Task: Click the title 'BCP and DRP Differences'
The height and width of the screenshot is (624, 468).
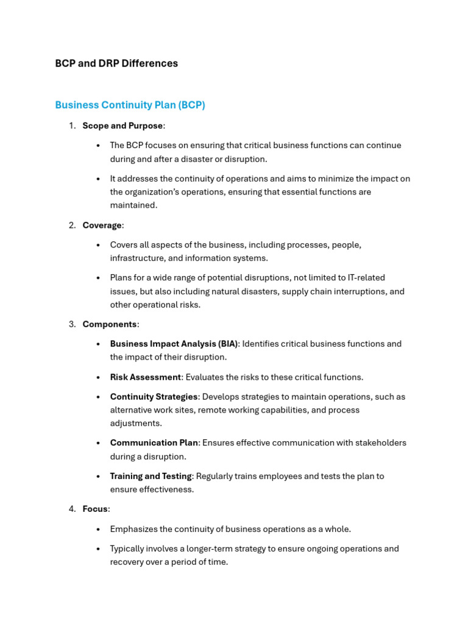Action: tap(116, 63)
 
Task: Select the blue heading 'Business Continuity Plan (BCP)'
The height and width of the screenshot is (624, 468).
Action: tap(130, 105)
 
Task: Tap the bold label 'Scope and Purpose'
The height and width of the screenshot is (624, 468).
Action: tap(122, 126)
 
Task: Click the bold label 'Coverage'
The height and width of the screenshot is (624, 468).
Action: tap(102, 225)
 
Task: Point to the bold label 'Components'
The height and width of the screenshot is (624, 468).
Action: tap(110, 324)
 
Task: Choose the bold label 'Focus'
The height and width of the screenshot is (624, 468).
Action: tap(95, 509)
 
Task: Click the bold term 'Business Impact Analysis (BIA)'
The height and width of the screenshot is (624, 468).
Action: tap(174, 344)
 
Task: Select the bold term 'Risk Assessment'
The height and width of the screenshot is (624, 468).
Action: tap(146, 377)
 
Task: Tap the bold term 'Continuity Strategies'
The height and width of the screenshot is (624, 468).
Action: tap(154, 397)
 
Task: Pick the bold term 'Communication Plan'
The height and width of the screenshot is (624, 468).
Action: tap(154, 443)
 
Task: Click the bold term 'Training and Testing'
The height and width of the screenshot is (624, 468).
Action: tap(151, 476)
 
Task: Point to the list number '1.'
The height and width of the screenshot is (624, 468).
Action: tap(72, 126)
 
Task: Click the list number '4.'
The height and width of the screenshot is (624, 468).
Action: tap(72, 509)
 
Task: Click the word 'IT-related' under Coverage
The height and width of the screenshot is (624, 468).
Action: tap(364, 278)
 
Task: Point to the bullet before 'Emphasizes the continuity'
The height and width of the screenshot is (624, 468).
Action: tap(98, 529)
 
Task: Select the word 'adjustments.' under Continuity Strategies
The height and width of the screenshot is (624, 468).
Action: tap(135, 424)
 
